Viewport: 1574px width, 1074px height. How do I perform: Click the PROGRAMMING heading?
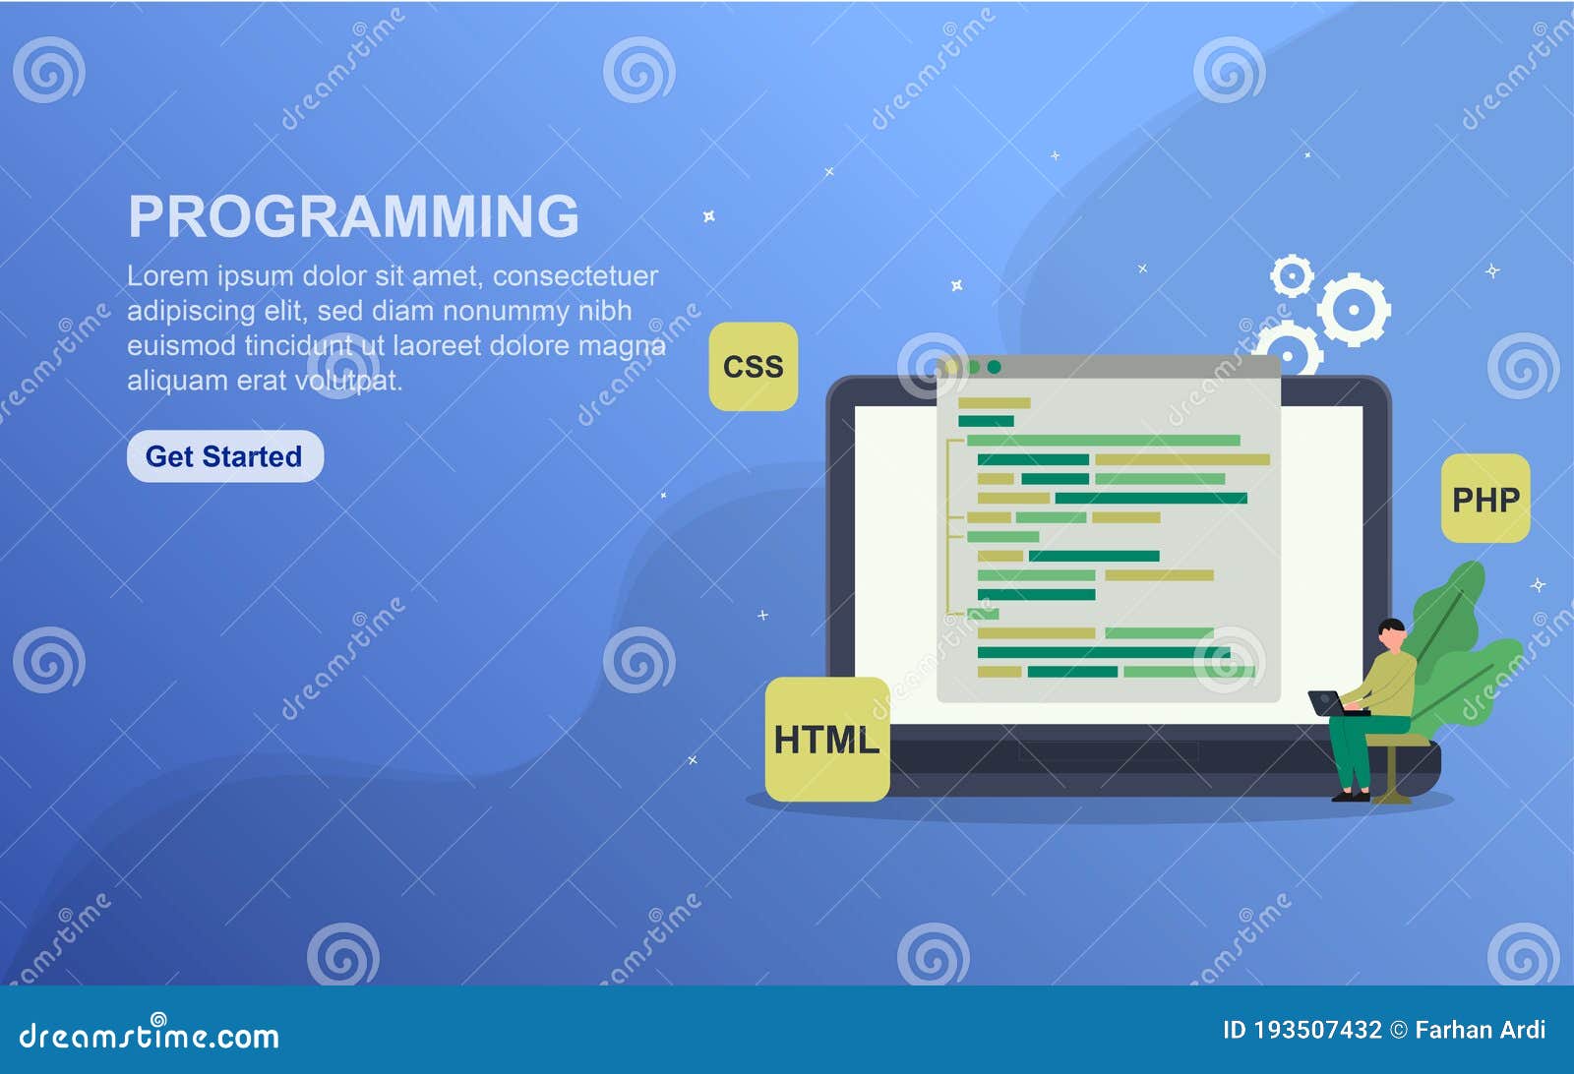tap(353, 216)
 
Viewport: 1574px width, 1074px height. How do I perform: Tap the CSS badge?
tap(753, 366)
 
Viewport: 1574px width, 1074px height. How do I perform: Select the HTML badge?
tap(826, 740)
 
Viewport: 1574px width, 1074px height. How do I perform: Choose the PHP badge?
tap(1485, 499)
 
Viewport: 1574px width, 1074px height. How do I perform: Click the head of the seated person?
tap(1391, 632)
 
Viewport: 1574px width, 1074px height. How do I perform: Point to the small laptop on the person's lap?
tap(1328, 702)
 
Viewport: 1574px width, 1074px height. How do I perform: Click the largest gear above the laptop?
tap(1354, 309)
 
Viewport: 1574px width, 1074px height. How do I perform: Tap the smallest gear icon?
tap(1292, 276)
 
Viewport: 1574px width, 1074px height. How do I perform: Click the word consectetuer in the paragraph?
tap(575, 276)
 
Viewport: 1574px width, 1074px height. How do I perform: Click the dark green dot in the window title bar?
tap(994, 367)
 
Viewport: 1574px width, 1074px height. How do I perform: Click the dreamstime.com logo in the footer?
tap(149, 1036)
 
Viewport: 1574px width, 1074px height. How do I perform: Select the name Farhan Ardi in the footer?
tap(1480, 1030)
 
